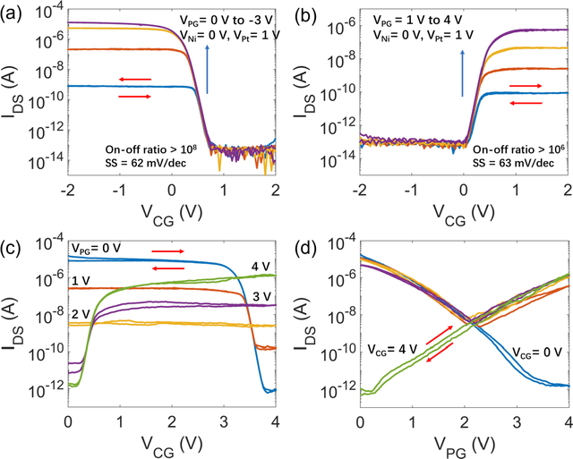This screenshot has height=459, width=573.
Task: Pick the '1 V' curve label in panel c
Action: click(79, 282)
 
